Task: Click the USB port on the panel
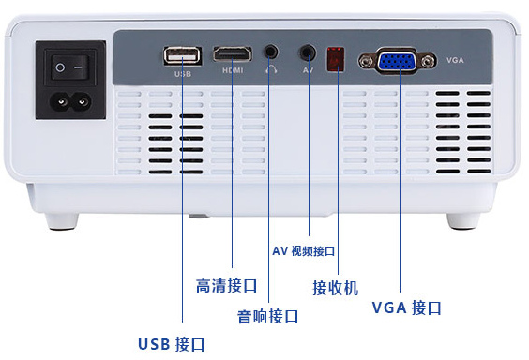(183, 55)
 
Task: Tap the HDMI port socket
(233, 54)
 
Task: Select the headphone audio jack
(270, 52)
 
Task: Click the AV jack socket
(308, 52)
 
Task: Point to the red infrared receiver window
(336, 59)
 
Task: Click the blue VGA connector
(397, 61)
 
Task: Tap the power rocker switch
(70, 67)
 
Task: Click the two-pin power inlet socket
(70, 102)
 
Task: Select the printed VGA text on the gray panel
(455, 60)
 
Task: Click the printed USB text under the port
(183, 74)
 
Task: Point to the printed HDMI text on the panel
(233, 70)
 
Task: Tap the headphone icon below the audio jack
(271, 69)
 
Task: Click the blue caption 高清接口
(227, 286)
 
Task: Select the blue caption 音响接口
(268, 317)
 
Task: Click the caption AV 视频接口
(303, 251)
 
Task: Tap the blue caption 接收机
(336, 288)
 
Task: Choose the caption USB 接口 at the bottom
(172, 344)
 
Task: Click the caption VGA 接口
(407, 307)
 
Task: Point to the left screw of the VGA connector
(366, 62)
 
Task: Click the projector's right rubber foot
(463, 221)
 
